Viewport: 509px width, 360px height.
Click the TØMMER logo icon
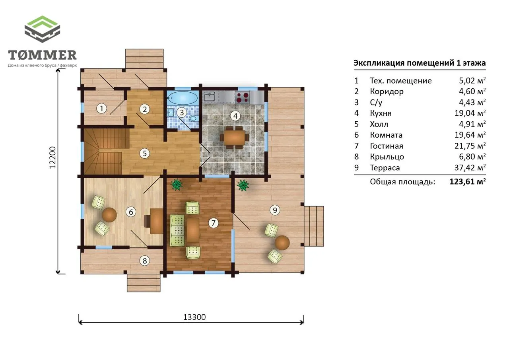(x=42, y=29)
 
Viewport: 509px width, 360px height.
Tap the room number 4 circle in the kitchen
(x=235, y=116)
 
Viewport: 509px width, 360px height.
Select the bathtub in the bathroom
(x=183, y=98)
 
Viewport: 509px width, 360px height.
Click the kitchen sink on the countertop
(x=209, y=97)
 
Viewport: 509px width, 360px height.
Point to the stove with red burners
(x=243, y=97)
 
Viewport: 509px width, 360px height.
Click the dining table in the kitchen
(x=234, y=138)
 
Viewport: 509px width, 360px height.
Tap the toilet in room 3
(x=194, y=118)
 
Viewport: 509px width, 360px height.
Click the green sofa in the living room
(x=177, y=231)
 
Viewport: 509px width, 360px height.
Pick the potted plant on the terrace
(x=243, y=185)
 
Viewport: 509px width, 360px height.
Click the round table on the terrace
(x=282, y=243)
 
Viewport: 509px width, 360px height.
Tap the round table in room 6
(x=109, y=215)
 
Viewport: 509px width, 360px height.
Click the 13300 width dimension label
(x=194, y=317)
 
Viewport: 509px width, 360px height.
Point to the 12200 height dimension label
(x=52, y=158)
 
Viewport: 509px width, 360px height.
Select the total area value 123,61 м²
(x=467, y=181)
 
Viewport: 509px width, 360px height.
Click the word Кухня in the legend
(x=381, y=113)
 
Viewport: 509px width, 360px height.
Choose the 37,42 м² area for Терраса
(x=470, y=167)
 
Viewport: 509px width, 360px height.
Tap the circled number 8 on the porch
(x=145, y=261)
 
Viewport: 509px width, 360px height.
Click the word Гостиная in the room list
(x=387, y=146)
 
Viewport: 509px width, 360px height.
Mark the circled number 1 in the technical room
(x=101, y=109)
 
